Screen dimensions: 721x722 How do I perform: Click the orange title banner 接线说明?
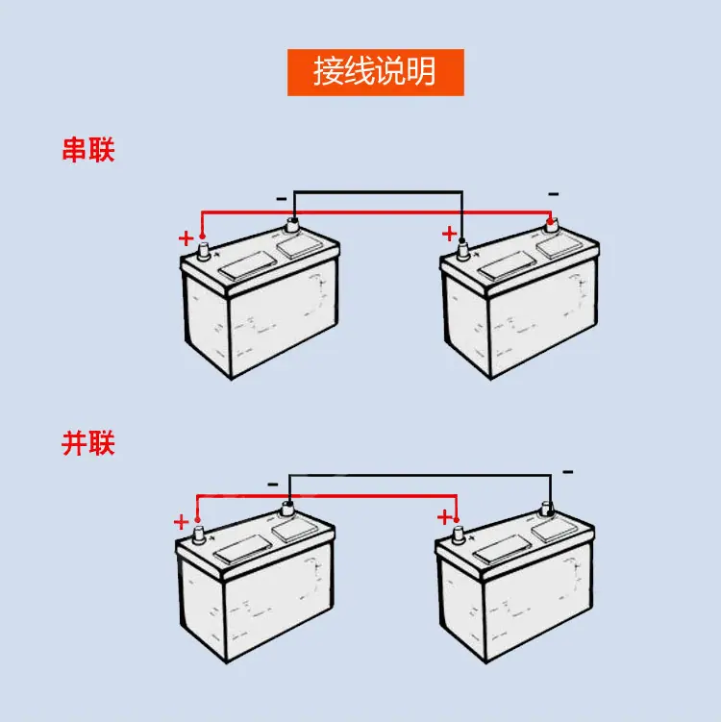point(375,72)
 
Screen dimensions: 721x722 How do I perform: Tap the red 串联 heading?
point(87,150)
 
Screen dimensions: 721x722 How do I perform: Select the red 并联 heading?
point(87,443)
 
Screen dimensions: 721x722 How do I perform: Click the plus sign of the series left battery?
point(186,238)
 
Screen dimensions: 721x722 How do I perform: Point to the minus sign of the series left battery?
point(282,199)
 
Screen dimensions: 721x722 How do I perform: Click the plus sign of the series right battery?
point(449,234)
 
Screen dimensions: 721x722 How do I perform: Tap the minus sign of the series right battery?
point(554,194)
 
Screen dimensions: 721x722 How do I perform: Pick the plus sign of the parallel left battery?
point(182,522)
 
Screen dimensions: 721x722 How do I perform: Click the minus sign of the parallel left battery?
point(273,485)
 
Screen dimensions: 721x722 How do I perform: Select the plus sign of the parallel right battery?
point(444,517)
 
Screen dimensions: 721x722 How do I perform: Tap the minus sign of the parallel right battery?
point(568,472)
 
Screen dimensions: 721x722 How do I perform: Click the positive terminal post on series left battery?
point(203,252)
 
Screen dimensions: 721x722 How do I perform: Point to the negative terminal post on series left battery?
point(292,226)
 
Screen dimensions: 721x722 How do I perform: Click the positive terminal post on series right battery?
point(462,251)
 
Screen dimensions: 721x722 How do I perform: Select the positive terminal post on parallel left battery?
point(198,535)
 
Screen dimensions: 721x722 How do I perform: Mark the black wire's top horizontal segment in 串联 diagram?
point(379,191)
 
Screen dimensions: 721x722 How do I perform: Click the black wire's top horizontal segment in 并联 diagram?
point(420,475)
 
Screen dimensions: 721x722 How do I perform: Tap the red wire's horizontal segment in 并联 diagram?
point(327,496)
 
